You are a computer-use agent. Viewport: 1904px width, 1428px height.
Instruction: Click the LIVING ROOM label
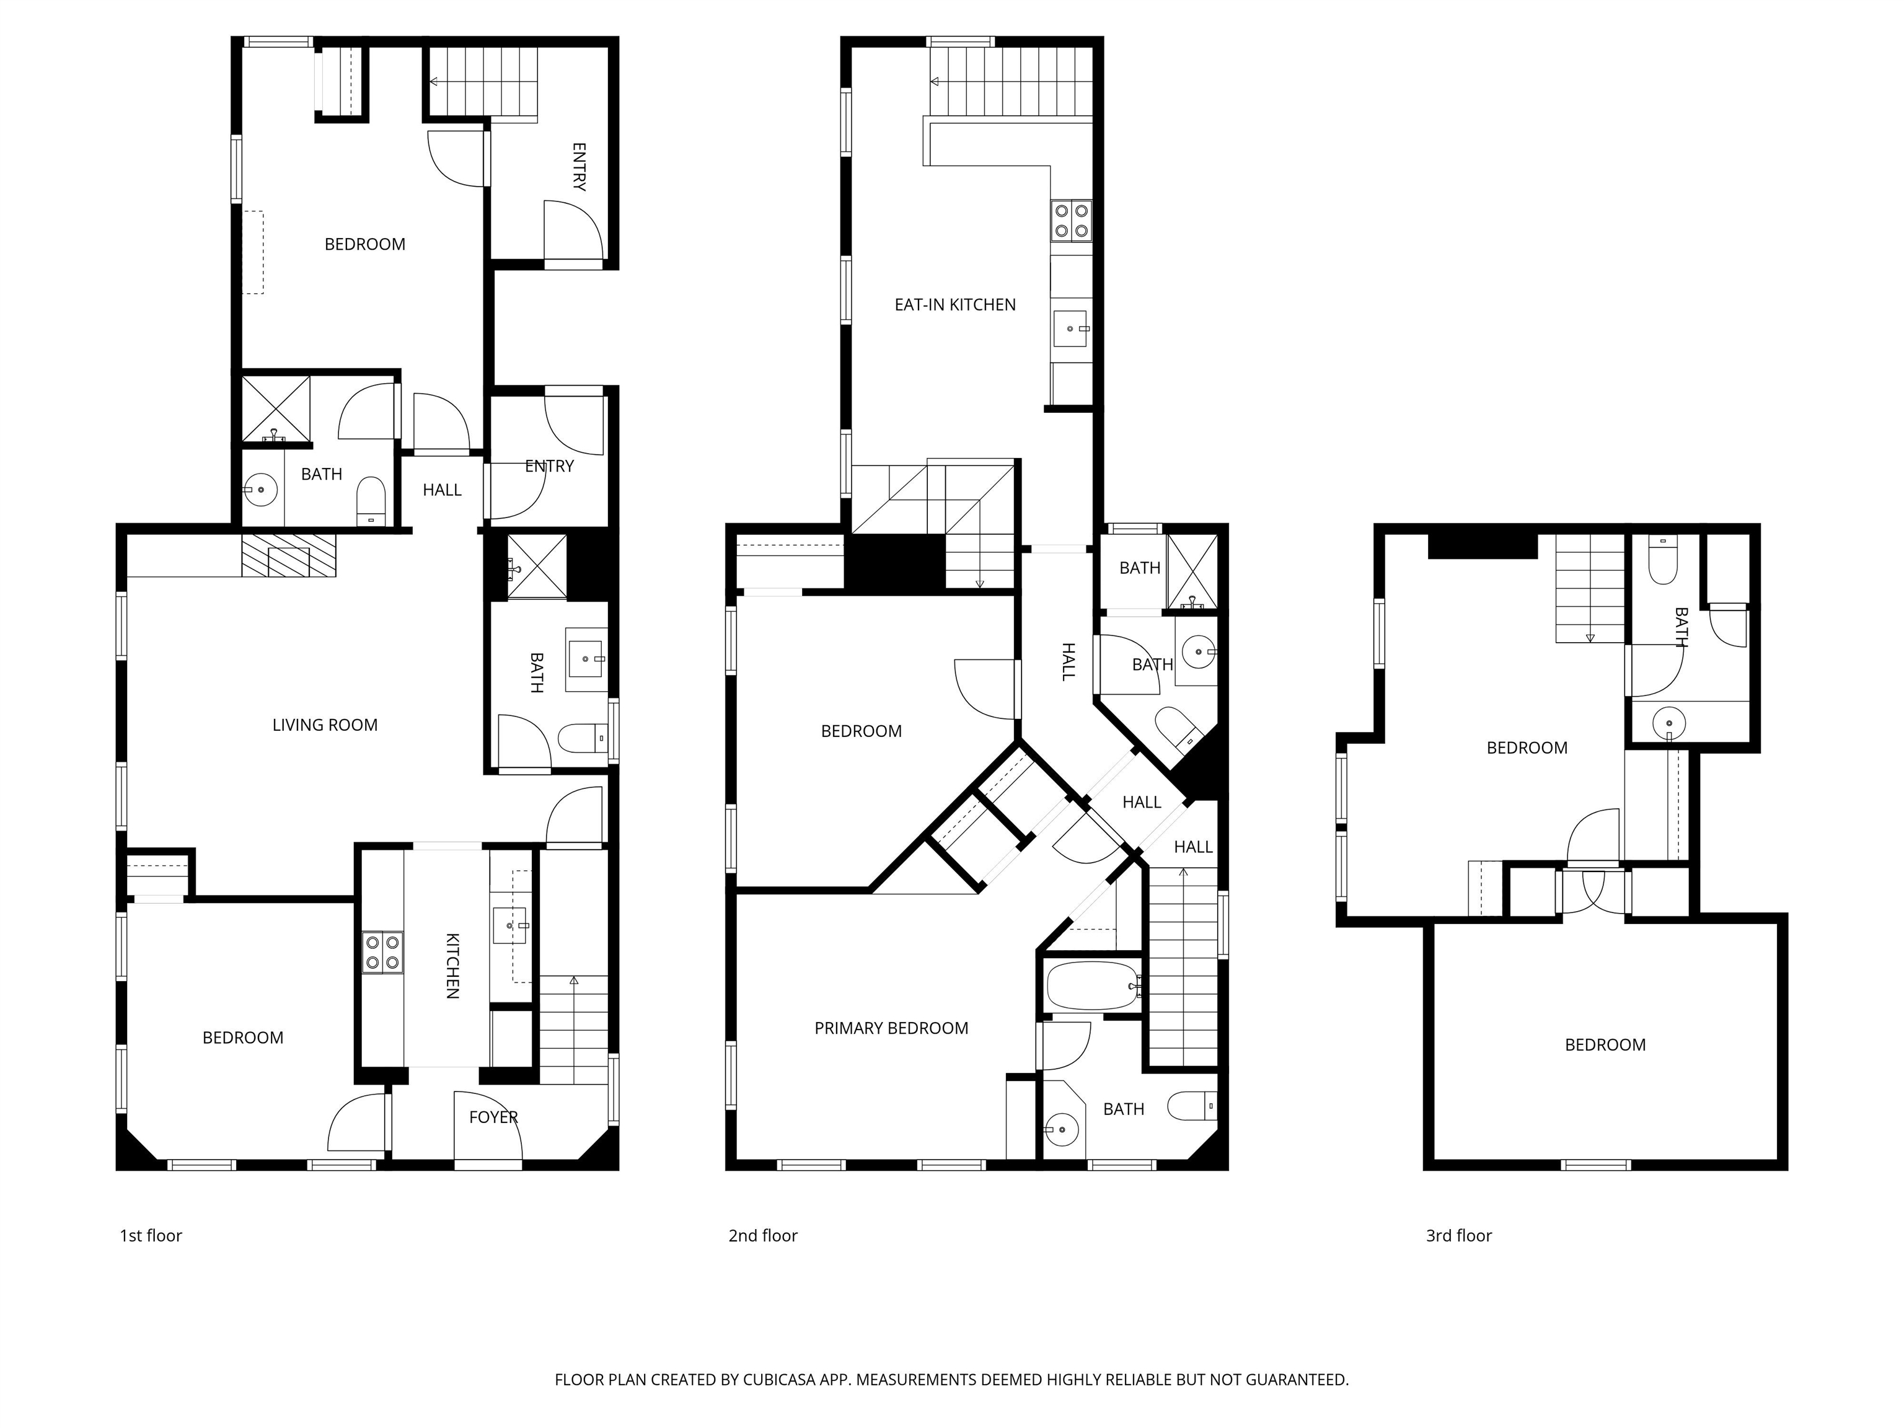tap(325, 725)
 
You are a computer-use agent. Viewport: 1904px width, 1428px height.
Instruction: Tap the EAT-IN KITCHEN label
tap(954, 305)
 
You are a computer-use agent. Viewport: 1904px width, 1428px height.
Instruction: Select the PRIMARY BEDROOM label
tap(891, 1028)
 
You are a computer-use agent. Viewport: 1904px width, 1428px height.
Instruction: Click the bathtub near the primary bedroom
tap(1091, 985)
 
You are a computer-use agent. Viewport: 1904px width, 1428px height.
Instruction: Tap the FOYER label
tap(493, 1117)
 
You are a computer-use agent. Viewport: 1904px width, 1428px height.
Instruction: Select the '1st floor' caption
tap(151, 1236)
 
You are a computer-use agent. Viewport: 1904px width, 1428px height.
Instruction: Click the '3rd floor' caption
tap(1458, 1236)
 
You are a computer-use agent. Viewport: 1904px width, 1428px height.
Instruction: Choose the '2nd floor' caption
tap(762, 1236)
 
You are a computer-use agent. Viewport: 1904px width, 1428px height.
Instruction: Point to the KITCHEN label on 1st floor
tap(452, 966)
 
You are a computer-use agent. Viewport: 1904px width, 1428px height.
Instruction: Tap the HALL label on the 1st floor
tap(441, 490)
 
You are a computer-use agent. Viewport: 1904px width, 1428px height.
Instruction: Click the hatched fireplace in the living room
tap(288, 555)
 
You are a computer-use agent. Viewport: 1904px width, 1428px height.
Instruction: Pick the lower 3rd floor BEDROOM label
tap(1605, 1045)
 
